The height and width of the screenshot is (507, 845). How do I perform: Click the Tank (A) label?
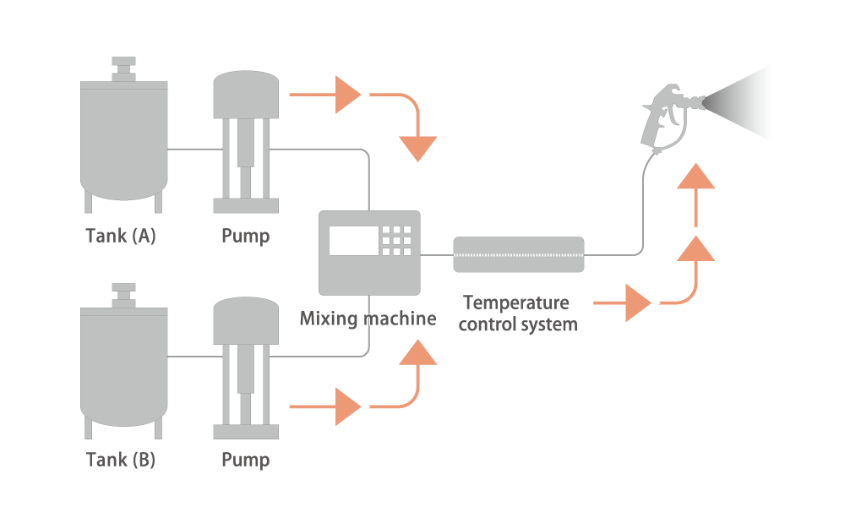click(x=121, y=236)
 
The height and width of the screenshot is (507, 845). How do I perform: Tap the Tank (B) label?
click(x=121, y=460)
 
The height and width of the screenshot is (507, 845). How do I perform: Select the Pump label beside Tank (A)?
click(x=246, y=236)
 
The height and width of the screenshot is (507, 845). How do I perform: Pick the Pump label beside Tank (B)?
click(x=246, y=460)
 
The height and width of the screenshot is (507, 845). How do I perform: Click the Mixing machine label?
click(x=368, y=319)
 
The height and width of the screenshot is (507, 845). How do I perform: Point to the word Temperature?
click(x=516, y=303)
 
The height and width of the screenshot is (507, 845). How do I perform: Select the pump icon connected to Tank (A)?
click(x=246, y=142)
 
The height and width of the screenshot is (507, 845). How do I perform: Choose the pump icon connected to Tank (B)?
click(x=246, y=368)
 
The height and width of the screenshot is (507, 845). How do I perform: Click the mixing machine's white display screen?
click(x=353, y=240)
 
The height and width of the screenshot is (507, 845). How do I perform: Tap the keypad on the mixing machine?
click(x=396, y=240)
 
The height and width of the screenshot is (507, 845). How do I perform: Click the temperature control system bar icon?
click(x=519, y=254)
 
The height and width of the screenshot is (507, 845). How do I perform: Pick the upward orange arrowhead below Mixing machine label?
click(x=417, y=352)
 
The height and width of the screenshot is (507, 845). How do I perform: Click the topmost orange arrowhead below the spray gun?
click(x=695, y=177)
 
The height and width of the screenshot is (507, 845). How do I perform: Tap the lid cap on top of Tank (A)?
click(x=124, y=69)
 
